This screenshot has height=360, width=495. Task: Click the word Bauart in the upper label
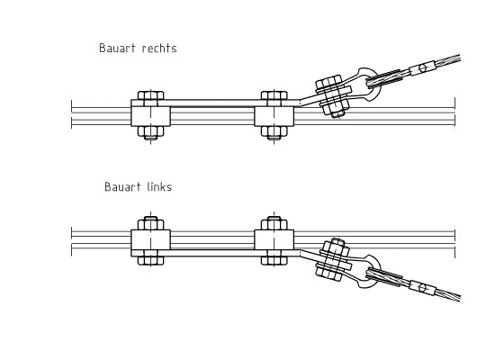coord(118,48)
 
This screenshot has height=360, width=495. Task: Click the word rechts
coord(159,48)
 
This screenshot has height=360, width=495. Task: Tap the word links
coord(159,186)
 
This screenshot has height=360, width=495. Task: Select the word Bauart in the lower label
coord(122,186)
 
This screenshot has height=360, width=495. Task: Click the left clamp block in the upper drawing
coord(151,116)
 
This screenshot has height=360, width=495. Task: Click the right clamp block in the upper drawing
coord(274,116)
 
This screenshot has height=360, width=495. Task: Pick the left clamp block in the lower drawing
coord(151,239)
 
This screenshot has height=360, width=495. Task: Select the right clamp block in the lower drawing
coord(274,239)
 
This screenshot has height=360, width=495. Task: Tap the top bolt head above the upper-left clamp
coord(151,95)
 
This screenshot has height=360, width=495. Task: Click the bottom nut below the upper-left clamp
coord(151,132)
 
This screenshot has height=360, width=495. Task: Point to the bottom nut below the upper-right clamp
coord(274,132)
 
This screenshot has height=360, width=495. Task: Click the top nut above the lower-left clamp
coord(151,223)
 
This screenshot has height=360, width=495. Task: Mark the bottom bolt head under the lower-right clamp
coord(274,260)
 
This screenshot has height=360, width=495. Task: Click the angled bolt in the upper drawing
coord(333,96)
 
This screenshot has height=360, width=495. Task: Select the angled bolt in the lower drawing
coord(333,259)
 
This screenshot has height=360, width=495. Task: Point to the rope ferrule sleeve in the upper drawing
coord(422,68)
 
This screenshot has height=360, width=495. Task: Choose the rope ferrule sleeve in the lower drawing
coord(423,287)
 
